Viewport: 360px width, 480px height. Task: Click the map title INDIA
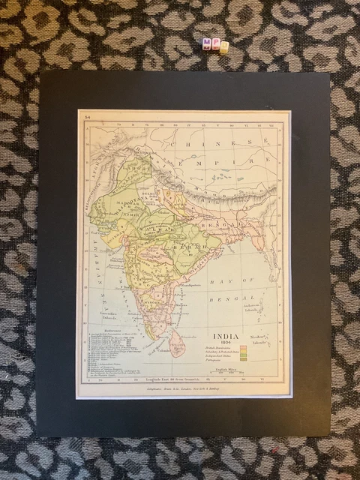pos(226,337)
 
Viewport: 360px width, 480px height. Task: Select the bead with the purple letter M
pos(207,43)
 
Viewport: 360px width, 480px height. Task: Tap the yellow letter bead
pos(224,47)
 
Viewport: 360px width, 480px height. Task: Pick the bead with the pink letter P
pos(216,43)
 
